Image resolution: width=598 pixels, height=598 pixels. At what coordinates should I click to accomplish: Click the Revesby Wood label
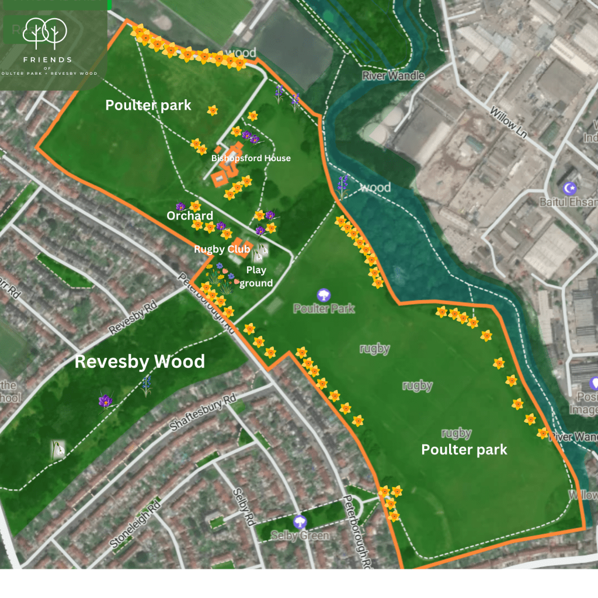[x=140, y=361]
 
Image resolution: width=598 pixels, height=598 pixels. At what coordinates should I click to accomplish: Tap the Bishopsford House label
[x=251, y=158]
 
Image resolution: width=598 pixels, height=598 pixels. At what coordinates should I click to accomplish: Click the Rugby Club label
[x=222, y=249]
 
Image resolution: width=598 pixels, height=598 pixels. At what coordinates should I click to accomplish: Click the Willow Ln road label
[x=509, y=122]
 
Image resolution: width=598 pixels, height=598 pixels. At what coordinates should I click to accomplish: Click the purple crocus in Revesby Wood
[x=105, y=401]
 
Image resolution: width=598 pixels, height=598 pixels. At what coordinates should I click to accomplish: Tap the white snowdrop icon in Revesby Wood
[x=58, y=448]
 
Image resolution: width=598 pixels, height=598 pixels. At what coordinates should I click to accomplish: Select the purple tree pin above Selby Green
[x=300, y=521]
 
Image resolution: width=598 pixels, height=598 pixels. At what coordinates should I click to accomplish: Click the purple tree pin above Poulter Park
[x=324, y=295]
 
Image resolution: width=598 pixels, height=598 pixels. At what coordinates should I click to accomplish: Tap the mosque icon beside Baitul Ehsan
[x=569, y=188]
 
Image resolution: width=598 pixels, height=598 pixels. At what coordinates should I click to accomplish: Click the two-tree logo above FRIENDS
[x=44, y=33]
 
